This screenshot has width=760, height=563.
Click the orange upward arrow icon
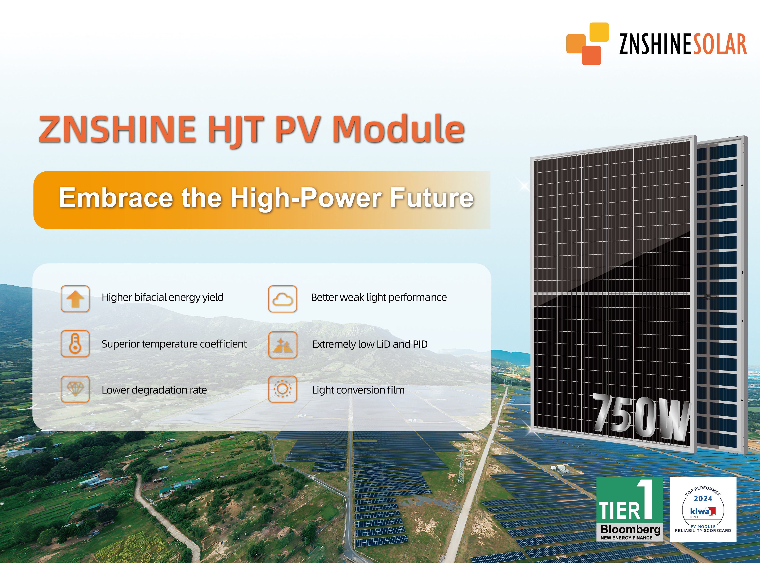coord(75,299)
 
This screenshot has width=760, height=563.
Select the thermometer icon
coord(75,344)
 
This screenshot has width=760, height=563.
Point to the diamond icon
coord(75,389)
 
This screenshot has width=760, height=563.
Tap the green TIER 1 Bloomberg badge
coord(629,509)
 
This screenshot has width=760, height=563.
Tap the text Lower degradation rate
coord(154,390)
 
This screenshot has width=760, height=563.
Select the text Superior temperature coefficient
coord(174,344)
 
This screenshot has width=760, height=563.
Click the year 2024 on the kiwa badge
coord(703,499)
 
